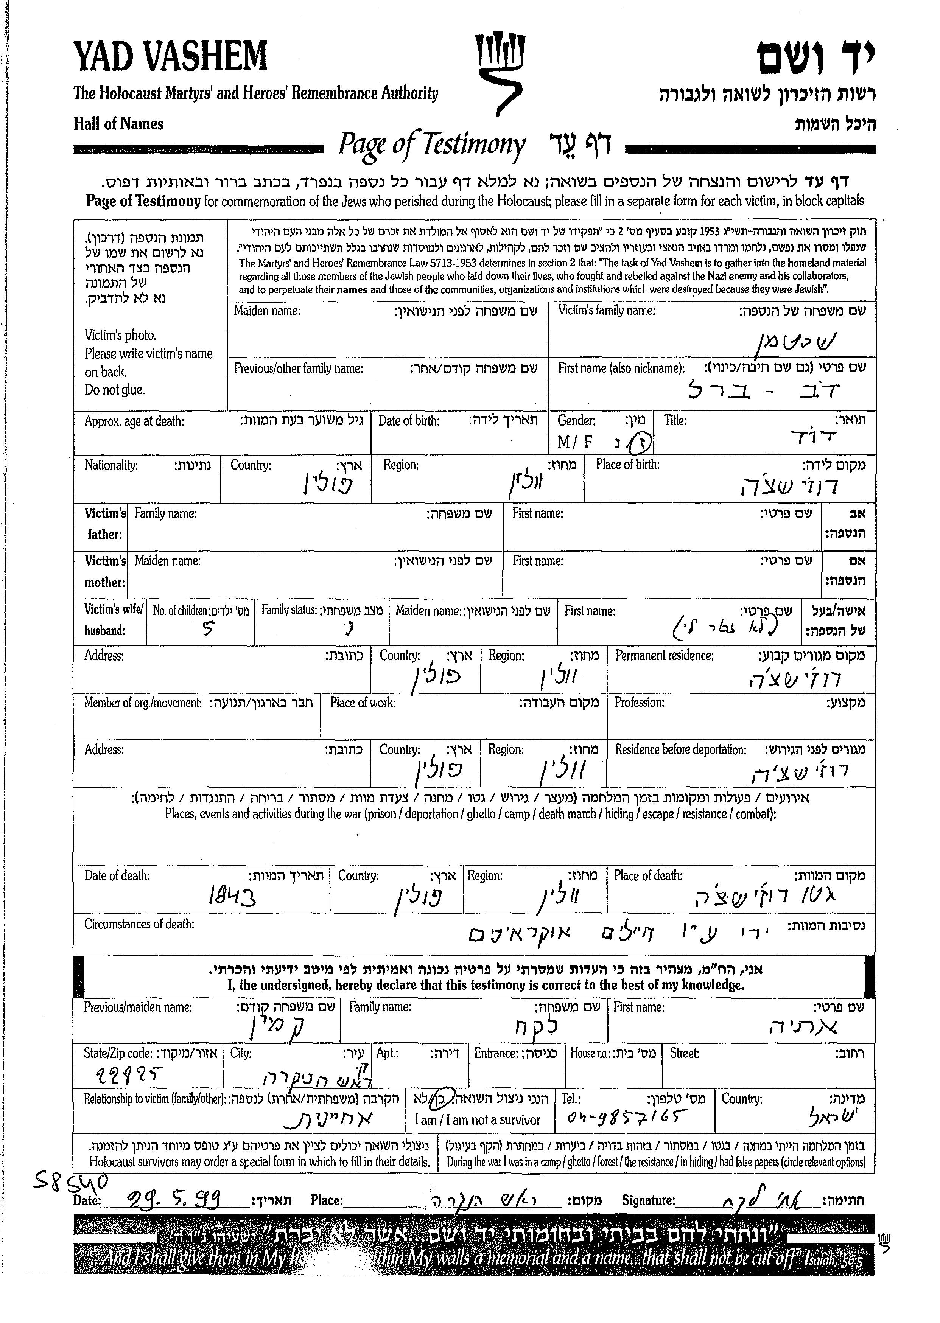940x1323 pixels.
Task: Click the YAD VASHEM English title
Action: coord(170,58)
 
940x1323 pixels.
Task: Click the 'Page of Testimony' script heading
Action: coord(432,145)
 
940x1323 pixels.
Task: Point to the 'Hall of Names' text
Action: coord(119,124)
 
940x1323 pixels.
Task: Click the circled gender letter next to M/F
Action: coord(641,443)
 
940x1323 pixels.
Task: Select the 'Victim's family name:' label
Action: coord(606,311)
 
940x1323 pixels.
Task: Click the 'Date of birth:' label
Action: coord(409,421)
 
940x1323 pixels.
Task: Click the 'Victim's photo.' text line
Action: coord(120,335)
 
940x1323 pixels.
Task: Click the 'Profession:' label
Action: coord(639,703)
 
